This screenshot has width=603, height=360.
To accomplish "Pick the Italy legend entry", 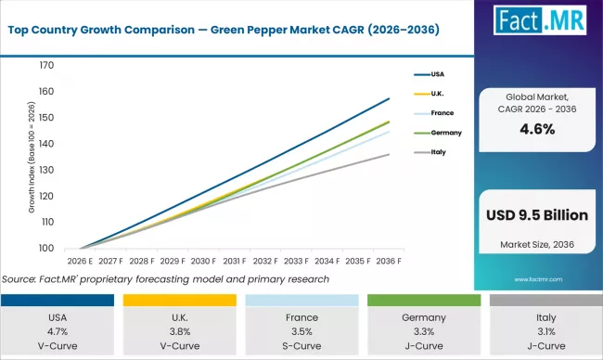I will (441, 152).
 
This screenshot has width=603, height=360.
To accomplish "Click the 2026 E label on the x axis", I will (80, 263).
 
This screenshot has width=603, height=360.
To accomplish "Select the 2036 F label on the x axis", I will (388, 263).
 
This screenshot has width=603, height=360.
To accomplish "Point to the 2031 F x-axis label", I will (234, 263).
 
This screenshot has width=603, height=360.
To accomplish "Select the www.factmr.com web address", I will (537, 276).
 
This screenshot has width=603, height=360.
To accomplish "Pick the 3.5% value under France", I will (301, 330).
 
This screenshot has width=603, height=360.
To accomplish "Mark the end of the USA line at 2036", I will (390, 98).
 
